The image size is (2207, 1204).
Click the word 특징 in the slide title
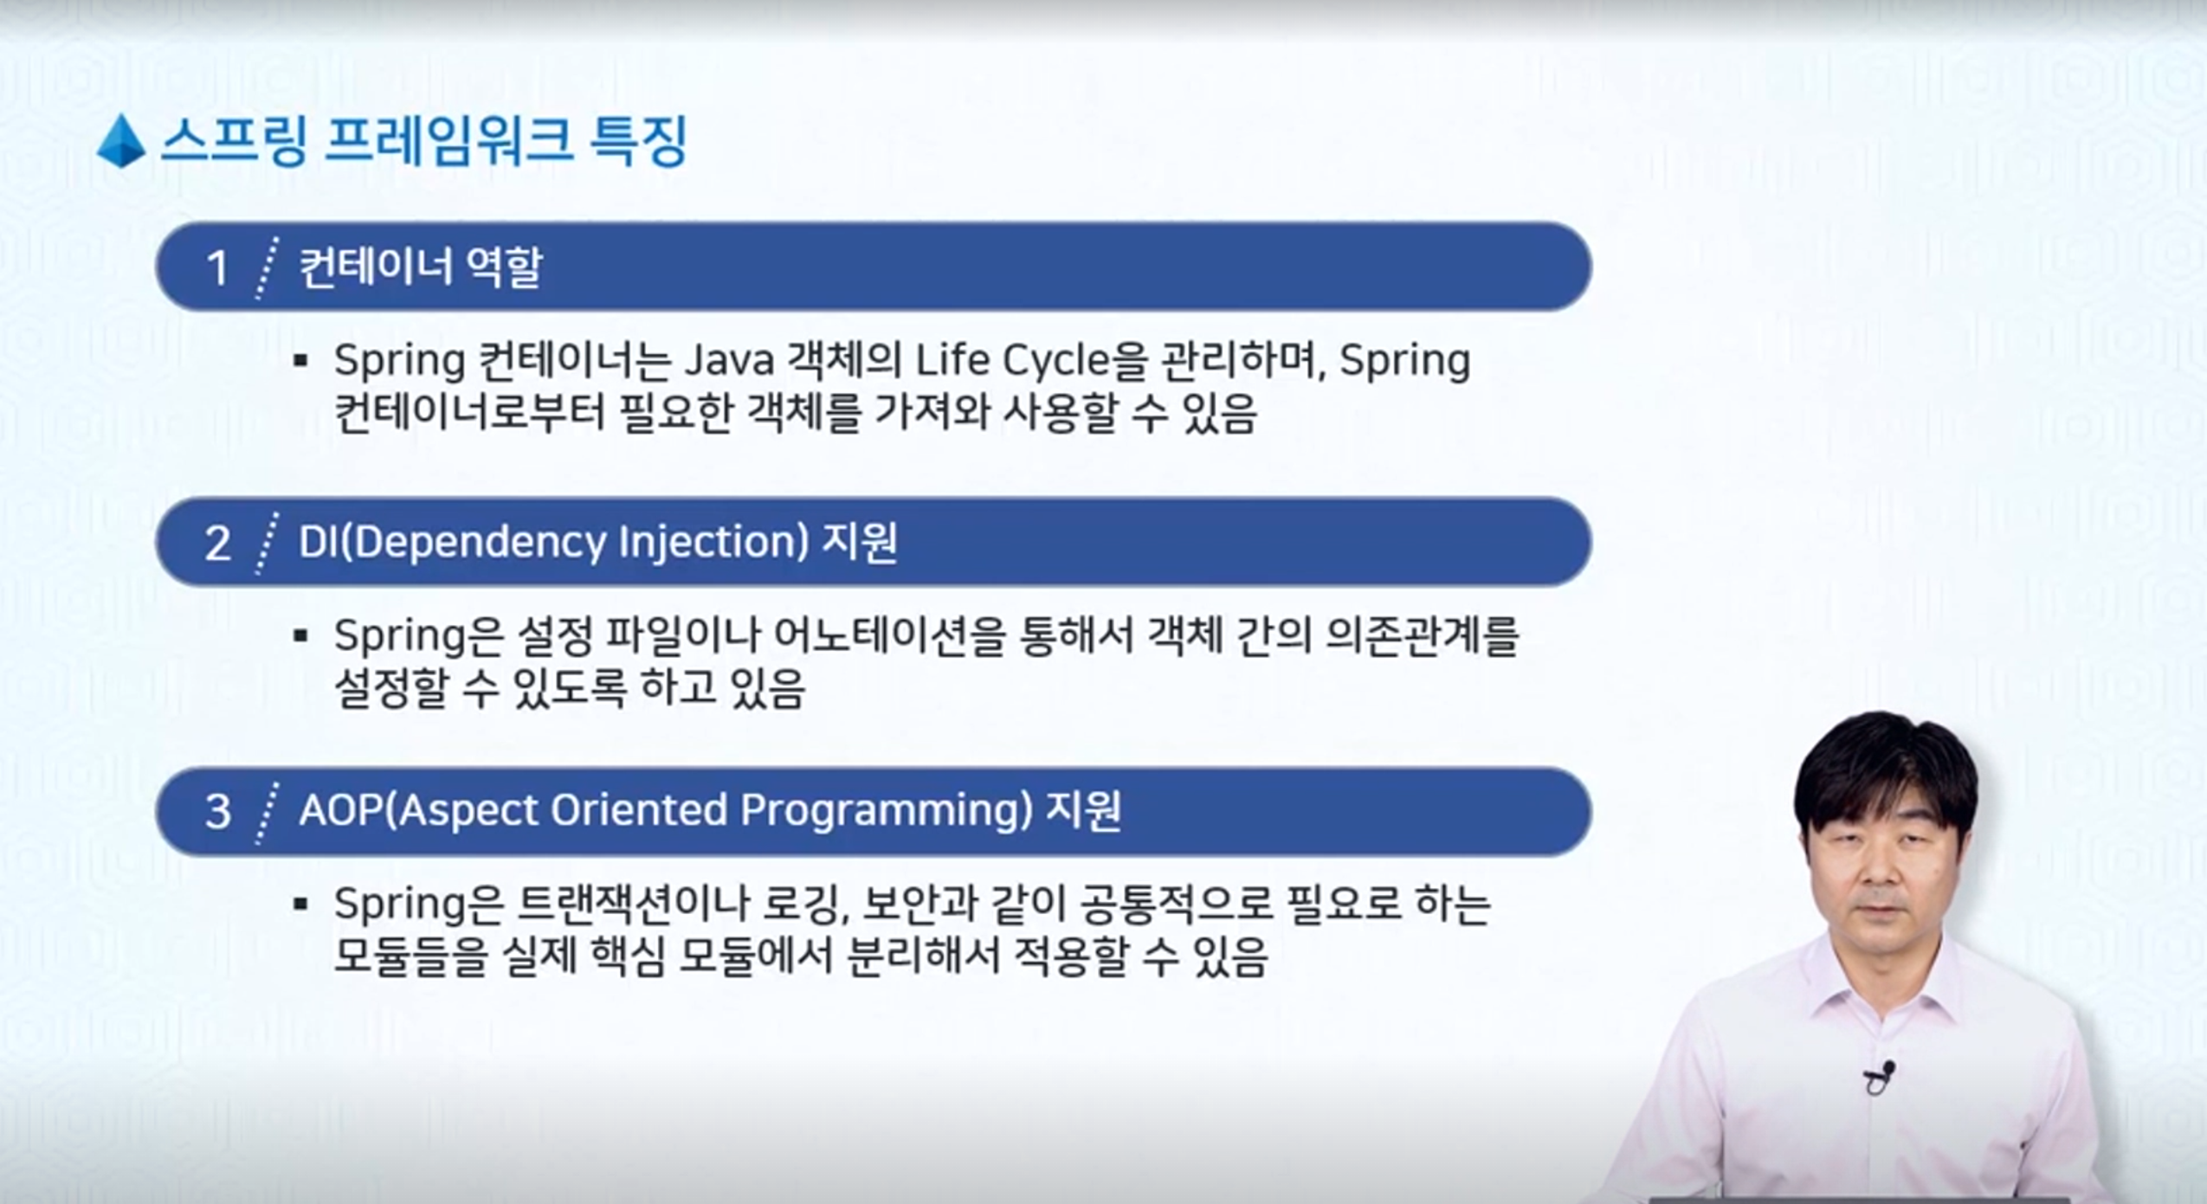tap(638, 140)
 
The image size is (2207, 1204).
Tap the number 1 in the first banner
tap(217, 267)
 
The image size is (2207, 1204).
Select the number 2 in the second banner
tap(217, 544)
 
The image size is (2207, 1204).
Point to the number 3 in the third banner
tap(217, 812)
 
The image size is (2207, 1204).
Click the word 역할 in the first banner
tap(504, 267)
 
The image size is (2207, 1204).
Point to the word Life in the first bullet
tap(952, 359)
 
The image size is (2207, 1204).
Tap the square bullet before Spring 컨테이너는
tap(301, 361)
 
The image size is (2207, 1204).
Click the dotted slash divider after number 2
tap(268, 543)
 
